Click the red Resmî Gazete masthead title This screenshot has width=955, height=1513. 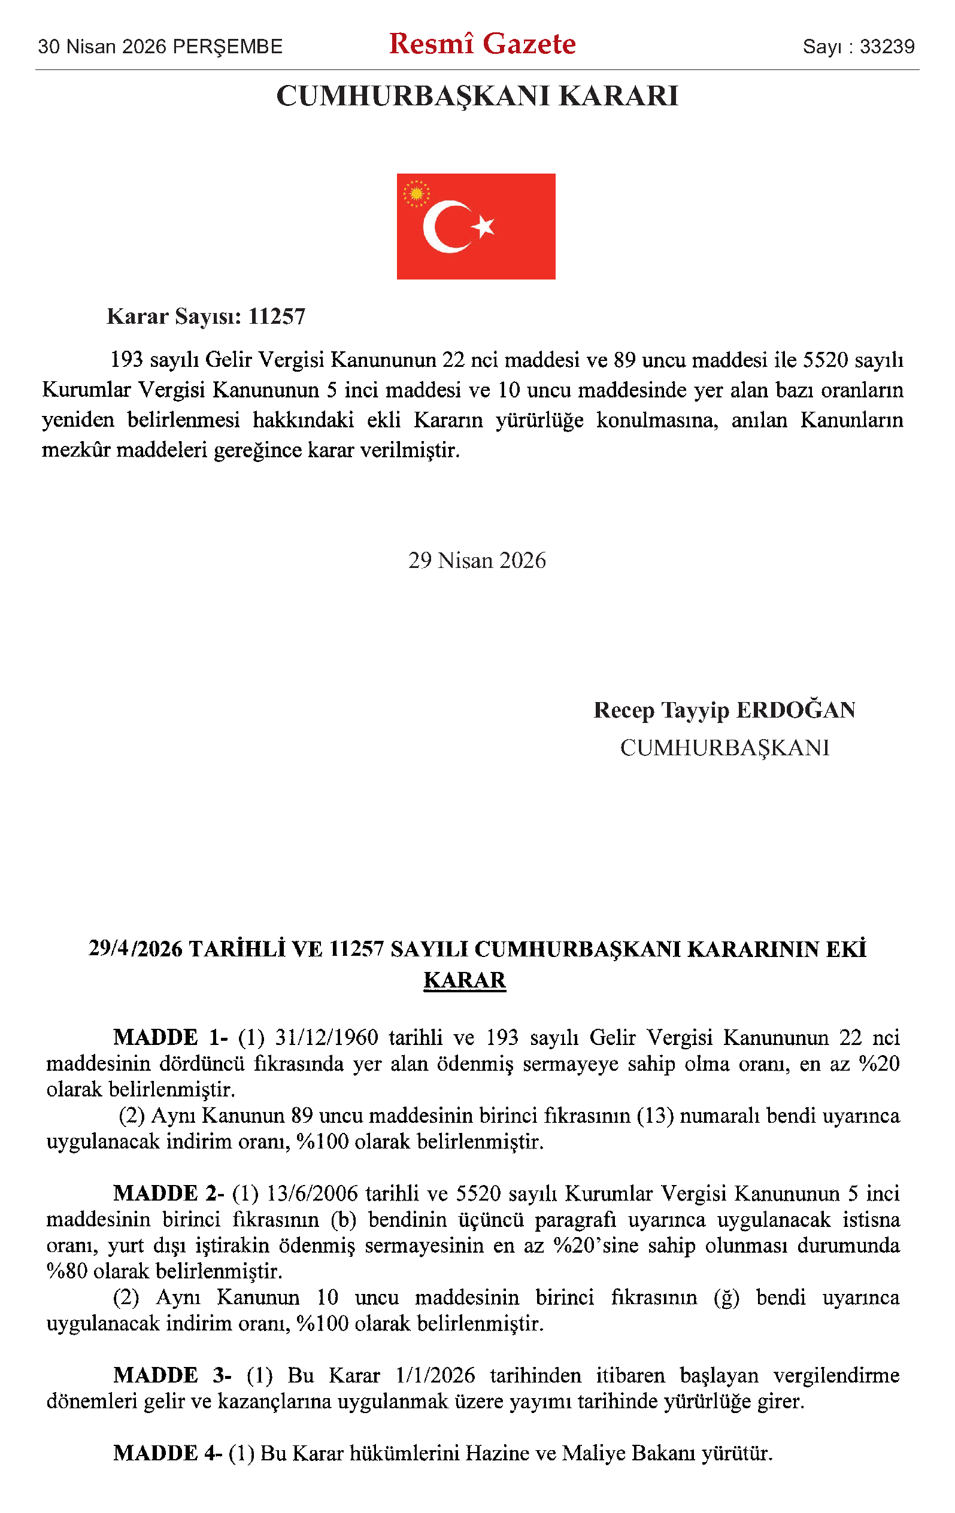[482, 44]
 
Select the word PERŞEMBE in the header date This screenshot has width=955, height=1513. [227, 47]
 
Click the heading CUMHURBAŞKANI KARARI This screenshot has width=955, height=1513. [477, 96]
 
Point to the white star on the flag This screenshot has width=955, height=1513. [484, 226]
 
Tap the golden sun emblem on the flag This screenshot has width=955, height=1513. [416, 193]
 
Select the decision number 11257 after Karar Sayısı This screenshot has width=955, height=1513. [277, 316]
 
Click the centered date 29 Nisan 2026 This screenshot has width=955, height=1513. [477, 560]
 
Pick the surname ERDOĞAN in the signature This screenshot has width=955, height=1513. [795, 710]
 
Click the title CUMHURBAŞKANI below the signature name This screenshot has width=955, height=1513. [724, 748]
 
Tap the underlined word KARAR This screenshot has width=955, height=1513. [465, 980]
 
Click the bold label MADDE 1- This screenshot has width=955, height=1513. [170, 1037]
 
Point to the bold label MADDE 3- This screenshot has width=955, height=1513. [172, 1375]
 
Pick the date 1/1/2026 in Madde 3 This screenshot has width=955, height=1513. [435, 1375]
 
